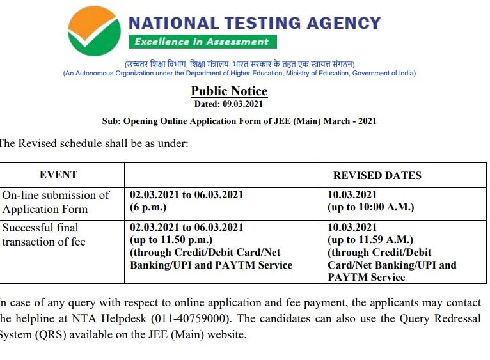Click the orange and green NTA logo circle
pos(94,31)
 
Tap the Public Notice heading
pos(229,91)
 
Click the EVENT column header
pos(58,175)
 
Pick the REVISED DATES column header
pos(377,175)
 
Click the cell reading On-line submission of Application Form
pos(56,201)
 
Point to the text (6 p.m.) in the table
pos(148,207)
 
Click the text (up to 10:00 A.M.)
pos(371,207)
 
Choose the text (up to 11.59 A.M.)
pos(370,240)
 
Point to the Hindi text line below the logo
pos(239,64)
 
